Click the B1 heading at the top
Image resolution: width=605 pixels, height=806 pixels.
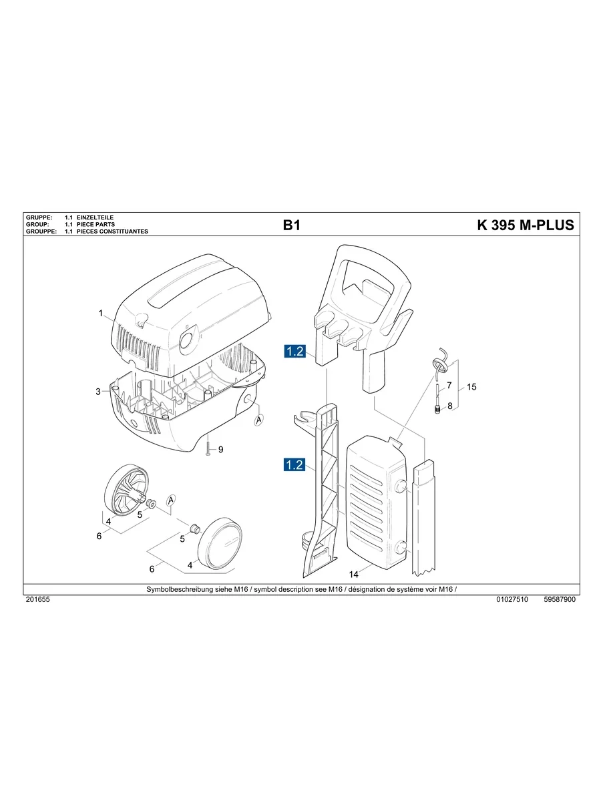click(x=292, y=226)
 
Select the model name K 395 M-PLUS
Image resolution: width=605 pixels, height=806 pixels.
click(x=525, y=226)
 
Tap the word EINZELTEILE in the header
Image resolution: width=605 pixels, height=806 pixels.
click(x=96, y=218)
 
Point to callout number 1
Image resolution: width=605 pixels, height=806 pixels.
click(x=100, y=313)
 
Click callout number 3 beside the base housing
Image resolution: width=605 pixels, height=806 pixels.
click(x=98, y=392)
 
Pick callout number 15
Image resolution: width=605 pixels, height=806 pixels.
click(x=471, y=386)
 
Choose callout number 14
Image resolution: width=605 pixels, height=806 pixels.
click(x=354, y=574)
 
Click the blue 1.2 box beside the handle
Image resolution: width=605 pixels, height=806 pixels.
click(x=294, y=350)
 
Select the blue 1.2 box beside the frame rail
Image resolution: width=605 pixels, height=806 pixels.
click(x=294, y=465)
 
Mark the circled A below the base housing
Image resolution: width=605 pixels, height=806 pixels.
click(x=259, y=420)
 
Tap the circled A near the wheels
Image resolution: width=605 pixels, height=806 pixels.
click(x=172, y=500)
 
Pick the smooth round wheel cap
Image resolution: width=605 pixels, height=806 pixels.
click(x=220, y=543)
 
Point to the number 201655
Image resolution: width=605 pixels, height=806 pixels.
click(x=37, y=600)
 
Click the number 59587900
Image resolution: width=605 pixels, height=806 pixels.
click(x=560, y=600)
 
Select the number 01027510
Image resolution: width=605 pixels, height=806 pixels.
click(x=512, y=600)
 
